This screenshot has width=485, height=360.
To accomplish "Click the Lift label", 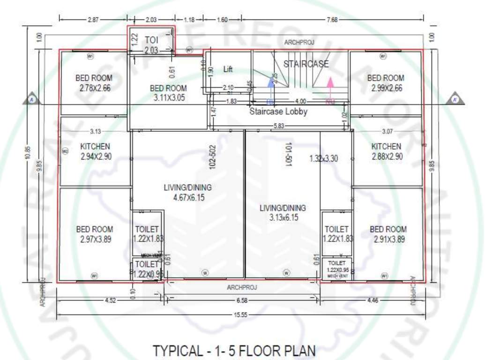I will point(228,69).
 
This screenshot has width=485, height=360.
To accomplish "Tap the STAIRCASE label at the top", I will point(306,64).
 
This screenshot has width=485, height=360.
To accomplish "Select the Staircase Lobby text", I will point(278,112).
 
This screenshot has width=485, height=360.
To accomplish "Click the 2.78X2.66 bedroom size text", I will point(93,88).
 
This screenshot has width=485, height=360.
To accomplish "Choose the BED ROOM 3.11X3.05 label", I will point(168,93).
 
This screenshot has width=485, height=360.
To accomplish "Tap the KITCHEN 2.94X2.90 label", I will point(95,151).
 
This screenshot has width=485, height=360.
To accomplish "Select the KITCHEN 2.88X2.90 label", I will point(386,151).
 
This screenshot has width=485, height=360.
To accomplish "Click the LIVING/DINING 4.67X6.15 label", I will point(187,192).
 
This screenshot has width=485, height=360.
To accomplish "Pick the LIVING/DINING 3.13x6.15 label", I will point(283,213).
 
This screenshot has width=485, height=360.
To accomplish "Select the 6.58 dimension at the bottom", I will point(242,300).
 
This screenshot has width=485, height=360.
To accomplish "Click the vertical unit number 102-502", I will point(212,157).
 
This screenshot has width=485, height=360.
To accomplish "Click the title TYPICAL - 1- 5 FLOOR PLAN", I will point(234,351).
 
